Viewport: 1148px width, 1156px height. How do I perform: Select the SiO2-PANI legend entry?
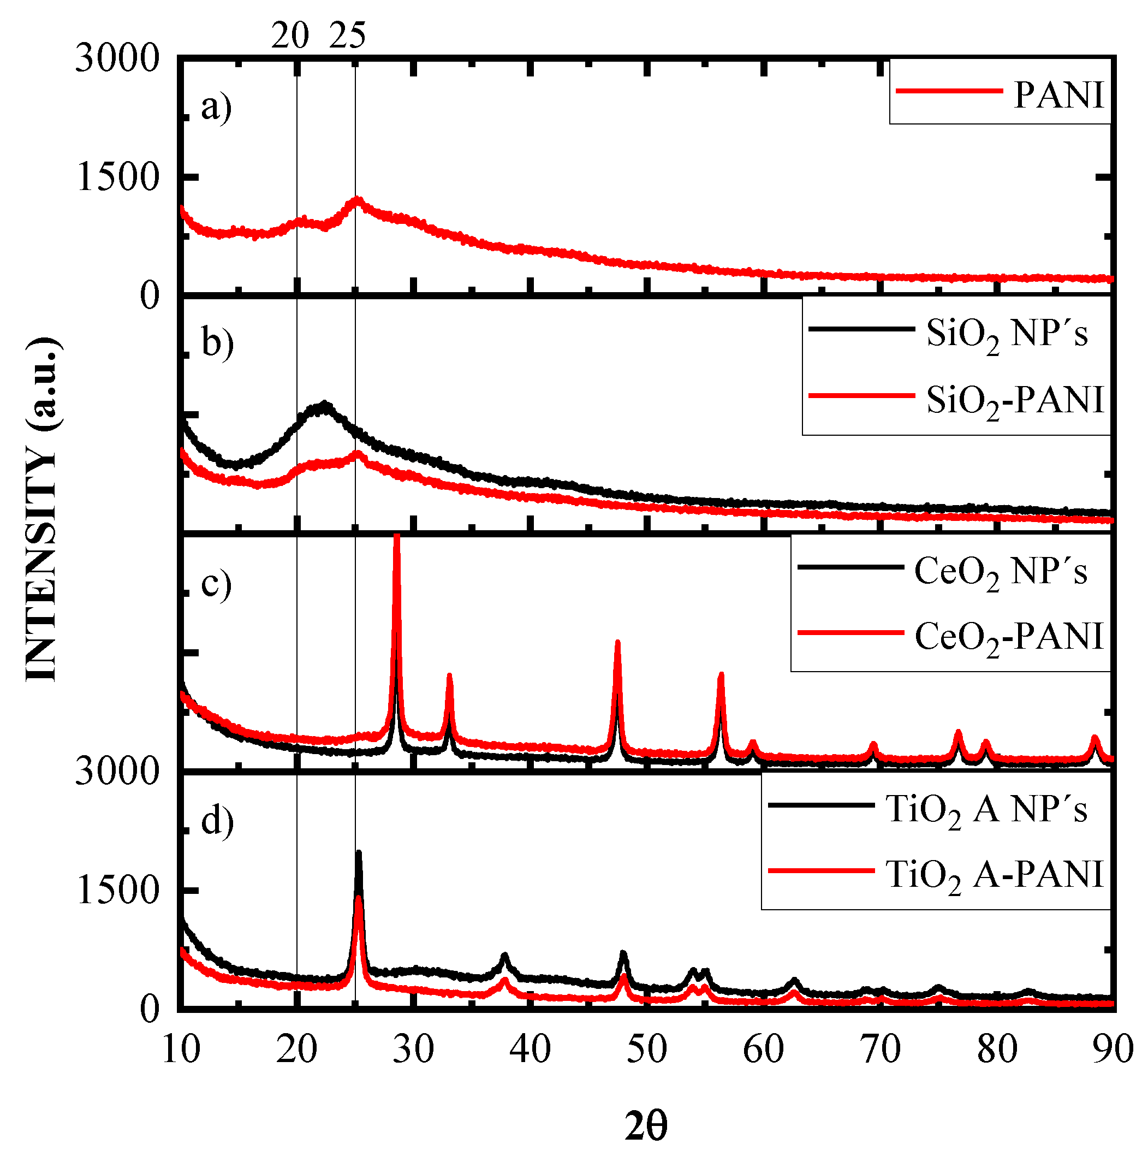click(x=1014, y=400)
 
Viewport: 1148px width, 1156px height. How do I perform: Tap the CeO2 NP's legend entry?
click(x=1000, y=571)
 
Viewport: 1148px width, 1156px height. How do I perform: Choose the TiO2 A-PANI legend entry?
click(x=994, y=875)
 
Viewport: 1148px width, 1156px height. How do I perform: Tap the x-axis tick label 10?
click(x=181, y=1050)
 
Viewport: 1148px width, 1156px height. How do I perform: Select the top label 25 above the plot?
click(x=347, y=36)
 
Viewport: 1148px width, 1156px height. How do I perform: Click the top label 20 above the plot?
click(x=290, y=36)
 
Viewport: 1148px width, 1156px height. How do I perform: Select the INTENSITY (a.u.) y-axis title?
click(x=42, y=508)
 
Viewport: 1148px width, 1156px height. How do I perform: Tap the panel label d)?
click(x=217, y=821)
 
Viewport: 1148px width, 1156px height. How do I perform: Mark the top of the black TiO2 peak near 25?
click(x=358, y=852)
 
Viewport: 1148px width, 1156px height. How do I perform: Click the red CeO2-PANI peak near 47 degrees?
click(x=617, y=643)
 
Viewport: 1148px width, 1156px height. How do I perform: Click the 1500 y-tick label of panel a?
click(x=118, y=177)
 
